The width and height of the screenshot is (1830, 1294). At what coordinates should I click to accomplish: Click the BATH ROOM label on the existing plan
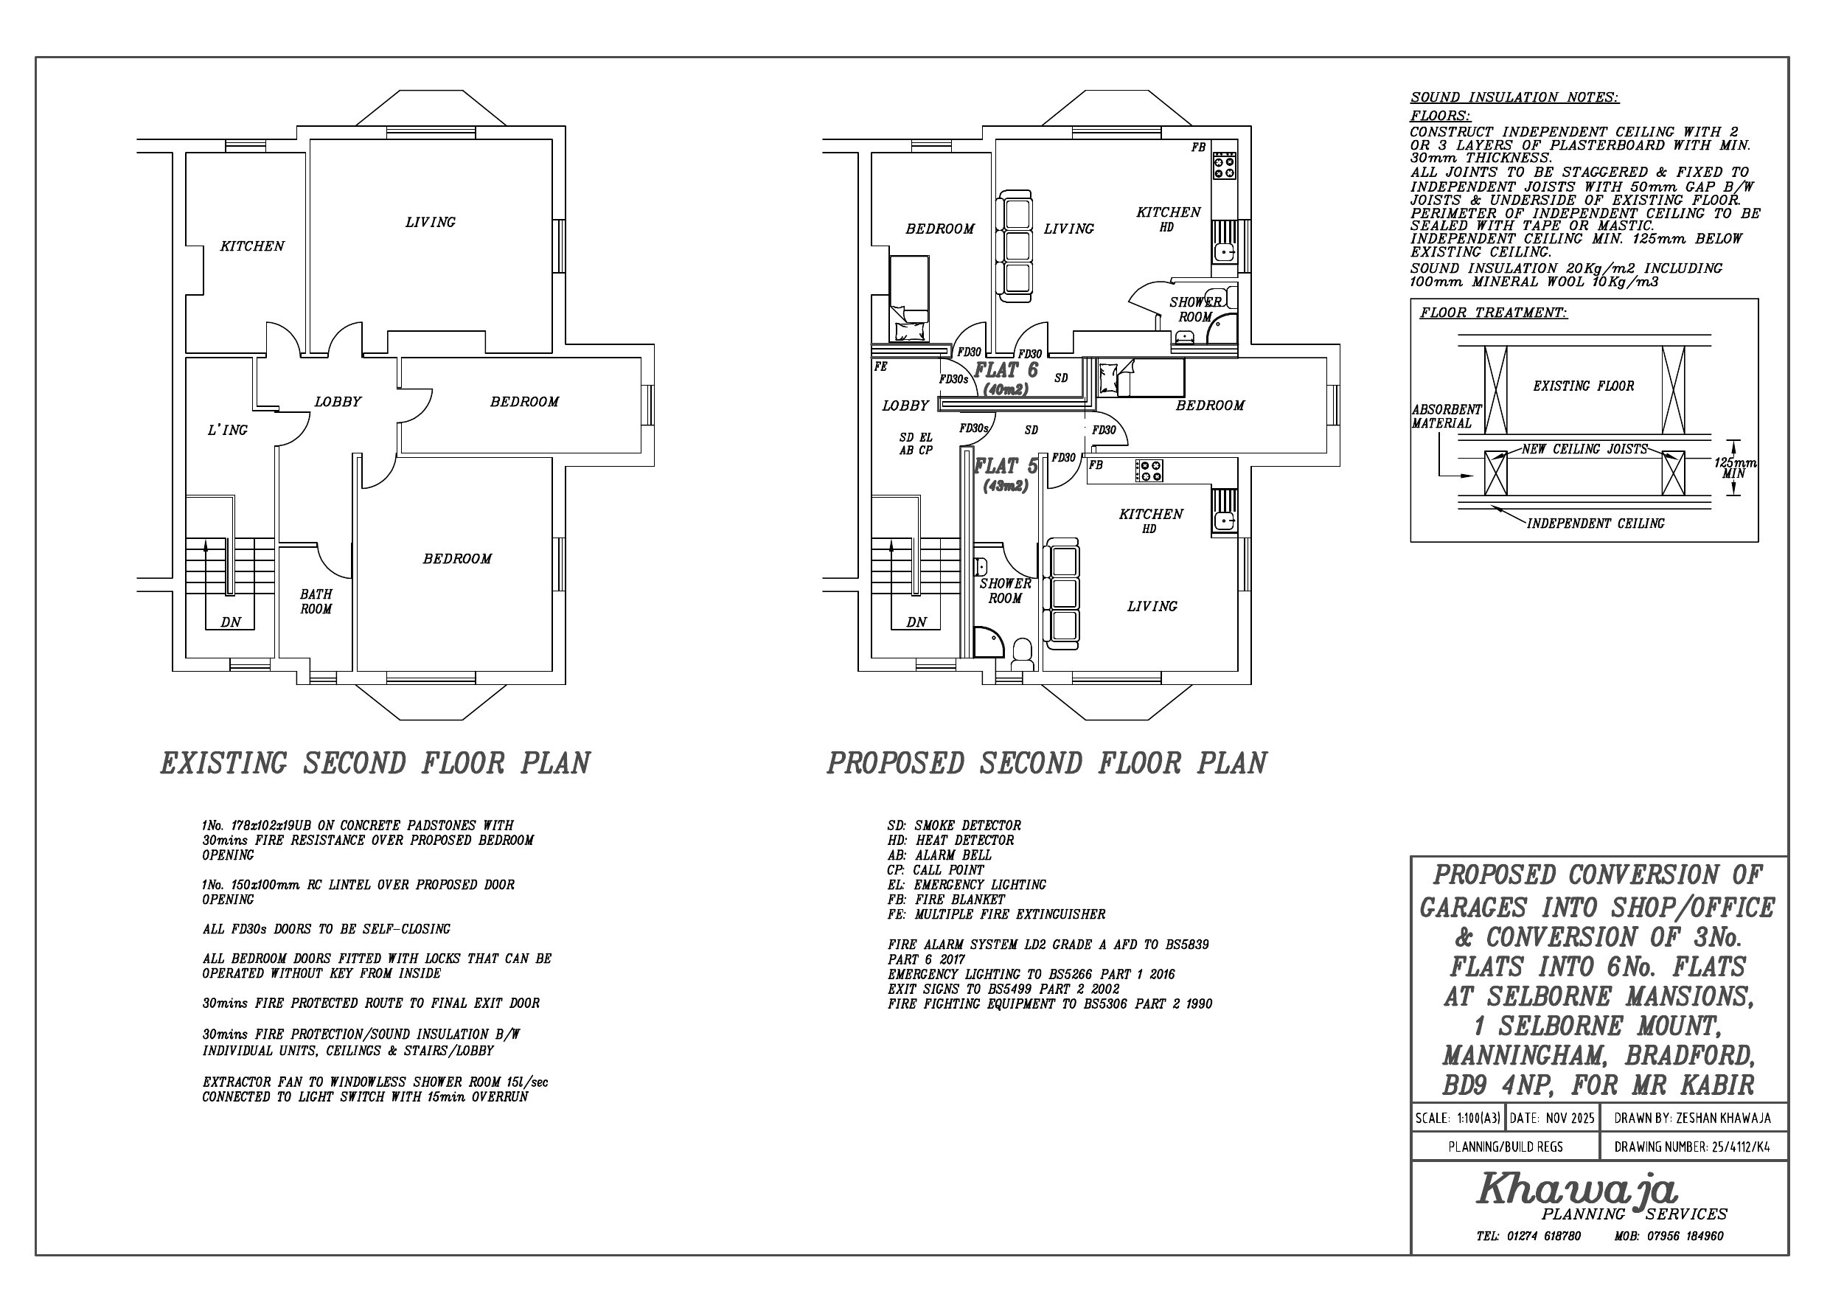(316, 602)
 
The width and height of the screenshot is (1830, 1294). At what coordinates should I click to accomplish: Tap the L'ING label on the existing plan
(228, 431)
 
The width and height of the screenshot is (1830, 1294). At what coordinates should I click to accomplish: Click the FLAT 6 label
(1006, 370)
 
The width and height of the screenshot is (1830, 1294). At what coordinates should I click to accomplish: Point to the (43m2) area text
(1005, 486)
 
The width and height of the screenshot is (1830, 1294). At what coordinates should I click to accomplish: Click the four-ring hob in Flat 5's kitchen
(1149, 470)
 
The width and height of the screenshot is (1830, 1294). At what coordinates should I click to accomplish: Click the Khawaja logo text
(1577, 1189)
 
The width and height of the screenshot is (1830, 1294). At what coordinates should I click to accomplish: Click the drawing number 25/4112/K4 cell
(1693, 1147)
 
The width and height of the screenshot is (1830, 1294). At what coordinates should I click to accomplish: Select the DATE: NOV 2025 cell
(1552, 1119)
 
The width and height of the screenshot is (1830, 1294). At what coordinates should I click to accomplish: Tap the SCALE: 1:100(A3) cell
(1458, 1119)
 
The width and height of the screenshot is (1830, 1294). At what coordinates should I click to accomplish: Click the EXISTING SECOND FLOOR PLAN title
(375, 764)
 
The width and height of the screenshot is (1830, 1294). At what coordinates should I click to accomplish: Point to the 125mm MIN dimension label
(1734, 468)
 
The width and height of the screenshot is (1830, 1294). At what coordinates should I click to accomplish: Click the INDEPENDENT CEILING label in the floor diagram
(1596, 523)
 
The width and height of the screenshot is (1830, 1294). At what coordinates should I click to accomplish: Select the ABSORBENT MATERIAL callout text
(1447, 416)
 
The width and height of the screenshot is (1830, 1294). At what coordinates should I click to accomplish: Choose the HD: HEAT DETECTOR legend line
(950, 841)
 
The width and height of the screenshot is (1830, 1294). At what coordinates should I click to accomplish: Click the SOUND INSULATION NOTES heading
(1514, 98)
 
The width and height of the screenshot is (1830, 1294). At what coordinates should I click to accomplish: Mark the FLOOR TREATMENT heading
(1493, 313)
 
